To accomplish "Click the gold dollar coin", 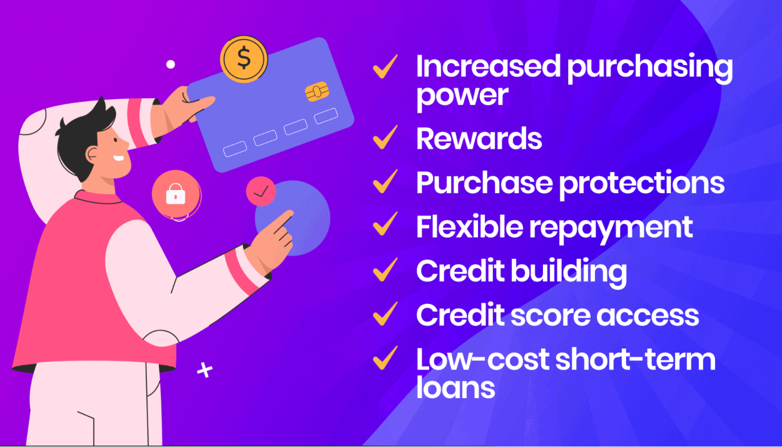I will [x=243, y=59].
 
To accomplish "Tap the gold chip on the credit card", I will [x=317, y=93].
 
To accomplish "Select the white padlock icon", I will [x=176, y=194].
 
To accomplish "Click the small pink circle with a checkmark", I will [x=262, y=191].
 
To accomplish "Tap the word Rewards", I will [x=479, y=139].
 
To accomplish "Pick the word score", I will [x=551, y=316].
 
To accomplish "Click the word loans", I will [x=455, y=388].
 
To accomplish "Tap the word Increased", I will [x=487, y=68].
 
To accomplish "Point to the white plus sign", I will [x=205, y=370].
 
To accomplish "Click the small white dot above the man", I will [x=170, y=64].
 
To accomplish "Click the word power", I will [x=462, y=96].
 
